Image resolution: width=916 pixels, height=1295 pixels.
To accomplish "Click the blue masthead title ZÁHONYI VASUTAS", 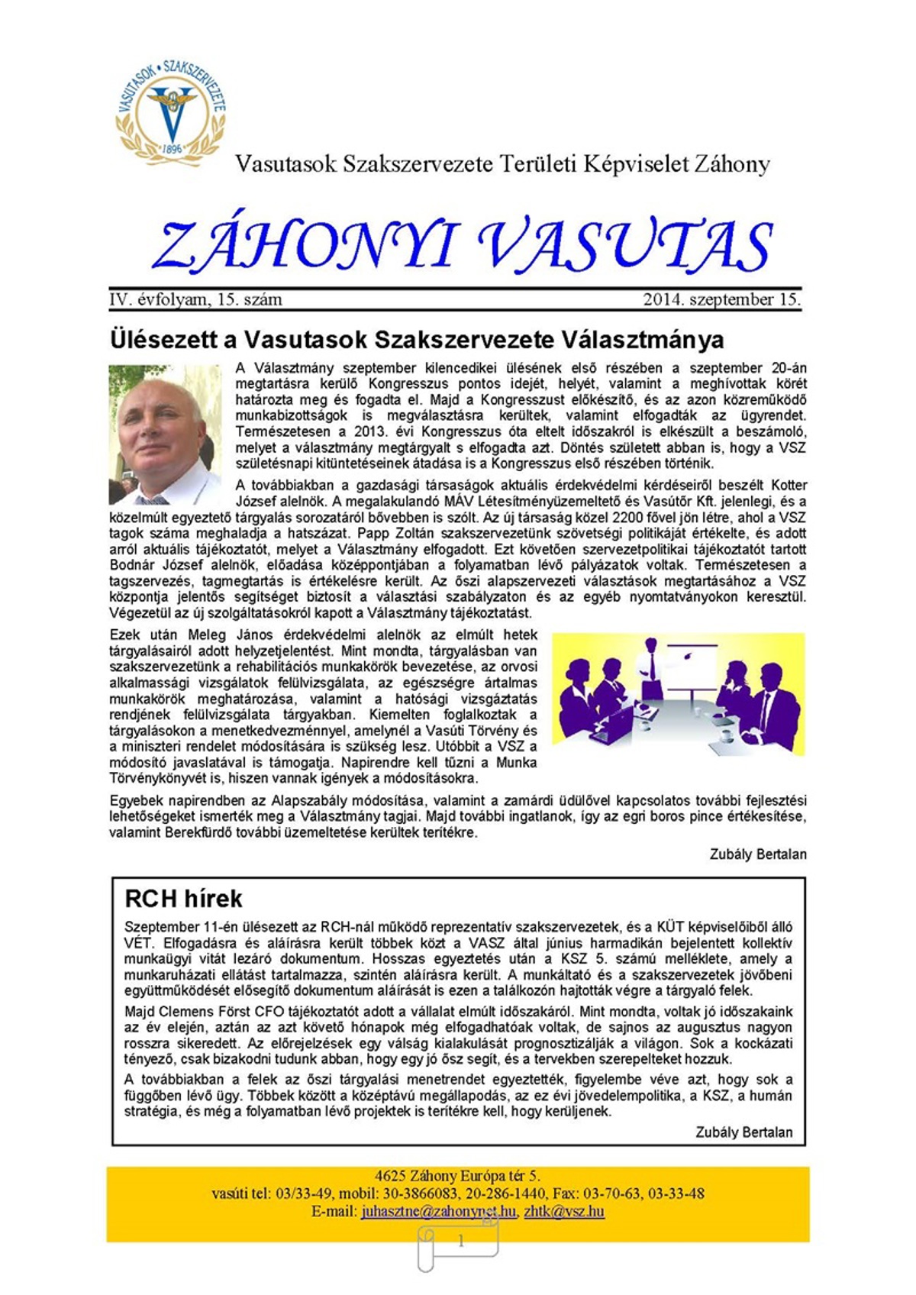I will (x=463, y=246).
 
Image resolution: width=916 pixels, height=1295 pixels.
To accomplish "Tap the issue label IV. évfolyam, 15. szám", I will (x=195, y=300).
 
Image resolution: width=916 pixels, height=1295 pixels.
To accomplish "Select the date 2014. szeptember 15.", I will (x=721, y=300).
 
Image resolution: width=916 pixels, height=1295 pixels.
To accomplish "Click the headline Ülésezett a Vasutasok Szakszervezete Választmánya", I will (x=417, y=339).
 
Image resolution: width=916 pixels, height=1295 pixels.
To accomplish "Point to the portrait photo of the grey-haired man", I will (x=165, y=434).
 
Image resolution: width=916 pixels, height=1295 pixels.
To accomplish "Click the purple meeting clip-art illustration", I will (x=678, y=694).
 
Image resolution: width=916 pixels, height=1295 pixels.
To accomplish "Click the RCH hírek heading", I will (x=183, y=899).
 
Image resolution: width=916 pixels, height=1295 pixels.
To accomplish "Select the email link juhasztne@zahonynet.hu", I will (x=438, y=1212).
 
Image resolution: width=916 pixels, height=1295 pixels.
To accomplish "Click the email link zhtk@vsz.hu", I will (x=564, y=1212).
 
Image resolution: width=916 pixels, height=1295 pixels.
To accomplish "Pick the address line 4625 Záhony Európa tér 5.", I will (x=457, y=1176).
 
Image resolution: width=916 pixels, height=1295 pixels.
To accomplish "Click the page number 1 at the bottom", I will (x=460, y=1242).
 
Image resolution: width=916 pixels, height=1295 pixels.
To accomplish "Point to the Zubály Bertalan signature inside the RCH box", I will (x=743, y=1132).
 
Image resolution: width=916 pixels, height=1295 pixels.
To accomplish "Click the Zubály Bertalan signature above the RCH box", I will (x=757, y=854).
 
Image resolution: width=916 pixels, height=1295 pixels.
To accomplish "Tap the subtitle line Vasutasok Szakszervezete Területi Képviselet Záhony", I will (x=502, y=164).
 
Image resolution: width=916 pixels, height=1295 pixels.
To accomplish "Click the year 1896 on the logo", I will (x=173, y=149).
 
